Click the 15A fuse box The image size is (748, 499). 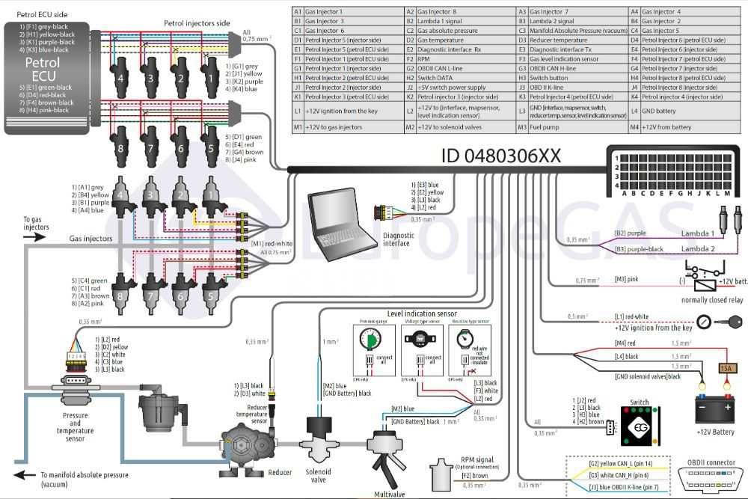pos(725,369)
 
